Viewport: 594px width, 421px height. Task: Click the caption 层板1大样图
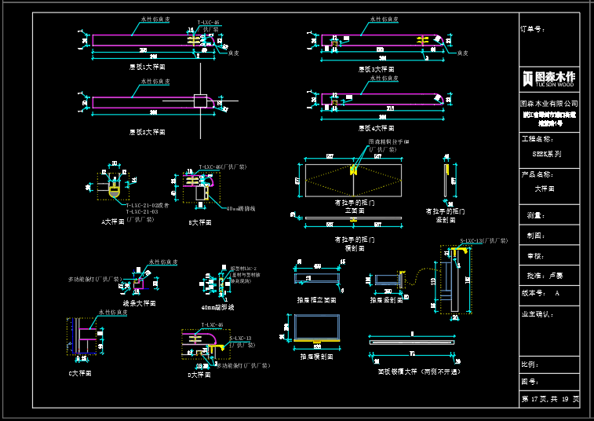148,67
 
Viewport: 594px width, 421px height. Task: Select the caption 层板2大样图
148,132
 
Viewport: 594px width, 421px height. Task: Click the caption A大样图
113,221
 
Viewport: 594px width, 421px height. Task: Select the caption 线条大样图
139,302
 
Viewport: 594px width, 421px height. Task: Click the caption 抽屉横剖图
317,356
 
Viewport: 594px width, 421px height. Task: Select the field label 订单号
532,29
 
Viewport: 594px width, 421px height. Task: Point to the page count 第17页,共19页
550,399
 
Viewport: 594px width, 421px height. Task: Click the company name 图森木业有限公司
548,103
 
